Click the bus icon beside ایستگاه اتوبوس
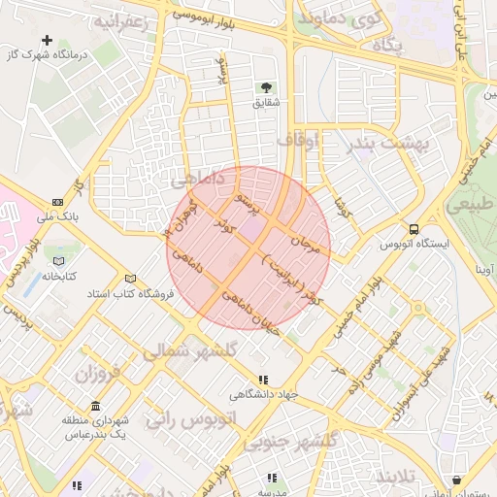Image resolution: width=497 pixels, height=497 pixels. tap(414, 230)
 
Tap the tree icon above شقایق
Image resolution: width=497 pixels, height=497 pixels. tap(266, 87)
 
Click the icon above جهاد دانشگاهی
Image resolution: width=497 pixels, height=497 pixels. tap(262, 380)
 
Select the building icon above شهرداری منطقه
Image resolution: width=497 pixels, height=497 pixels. tap(95, 405)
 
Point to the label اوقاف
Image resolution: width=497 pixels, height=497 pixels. tap(298, 141)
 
